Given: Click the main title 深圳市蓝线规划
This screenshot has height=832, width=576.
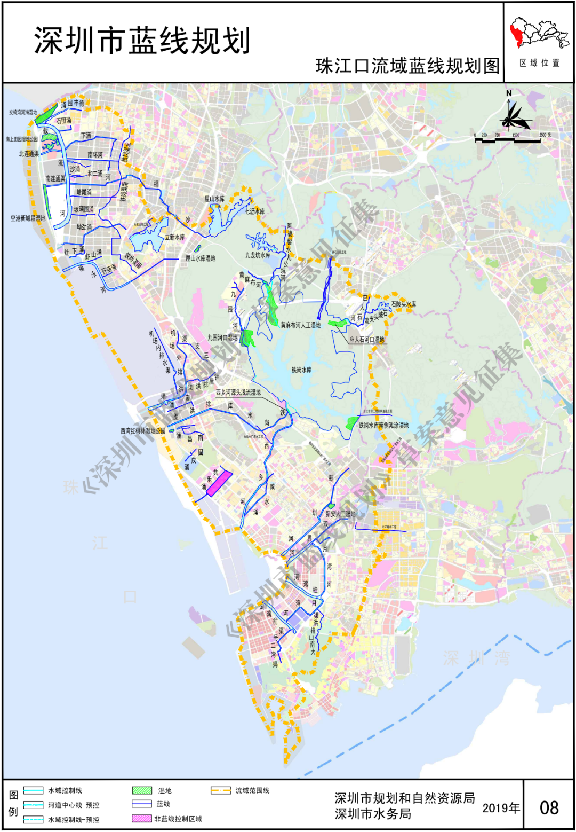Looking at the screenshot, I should (142, 41).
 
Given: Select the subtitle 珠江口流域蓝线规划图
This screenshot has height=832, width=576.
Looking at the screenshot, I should (408, 66).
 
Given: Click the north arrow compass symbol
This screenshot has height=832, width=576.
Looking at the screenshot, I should (513, 114).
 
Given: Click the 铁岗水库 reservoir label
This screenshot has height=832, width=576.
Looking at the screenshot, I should (301, 370).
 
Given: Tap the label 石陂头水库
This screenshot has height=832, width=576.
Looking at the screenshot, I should (404, 304).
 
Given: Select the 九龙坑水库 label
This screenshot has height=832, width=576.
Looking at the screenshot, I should (258, 255).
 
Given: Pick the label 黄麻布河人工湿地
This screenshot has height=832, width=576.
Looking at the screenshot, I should (301, 325).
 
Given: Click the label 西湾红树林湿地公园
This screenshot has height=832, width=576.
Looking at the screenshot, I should (143, 430).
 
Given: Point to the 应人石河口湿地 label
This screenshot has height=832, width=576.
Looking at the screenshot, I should (367, 339).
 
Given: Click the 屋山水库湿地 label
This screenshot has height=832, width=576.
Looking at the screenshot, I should (201, 258).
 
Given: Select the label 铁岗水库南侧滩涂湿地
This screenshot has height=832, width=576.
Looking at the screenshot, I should (383, 426).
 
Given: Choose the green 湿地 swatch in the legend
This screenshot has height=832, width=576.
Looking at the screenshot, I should (142, 790).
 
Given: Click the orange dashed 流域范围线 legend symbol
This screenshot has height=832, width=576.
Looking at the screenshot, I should (221, 790).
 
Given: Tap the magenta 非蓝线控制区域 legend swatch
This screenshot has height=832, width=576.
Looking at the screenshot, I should (142, 819).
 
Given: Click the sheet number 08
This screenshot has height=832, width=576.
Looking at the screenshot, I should (549, 808).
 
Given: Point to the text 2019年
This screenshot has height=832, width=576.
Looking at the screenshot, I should (501, 808).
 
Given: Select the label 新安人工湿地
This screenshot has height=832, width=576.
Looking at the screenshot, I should (340, 514).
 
